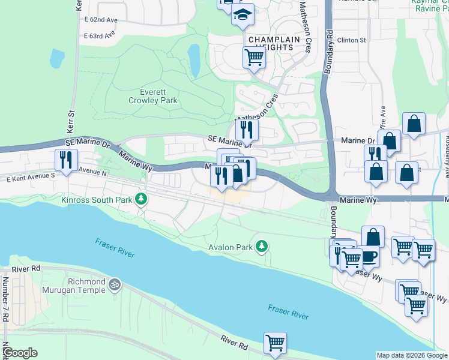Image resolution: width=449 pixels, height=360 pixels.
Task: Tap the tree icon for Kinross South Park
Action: pyautogui.click(x=141, y=198)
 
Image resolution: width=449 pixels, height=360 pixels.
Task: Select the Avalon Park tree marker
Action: pyautogui.click(x=261, y=246)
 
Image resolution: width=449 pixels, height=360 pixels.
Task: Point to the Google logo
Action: pyautogui.click(x=19, y=353)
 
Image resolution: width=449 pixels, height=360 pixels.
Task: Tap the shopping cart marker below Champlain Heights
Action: pyautogui.click(x=254, y=58)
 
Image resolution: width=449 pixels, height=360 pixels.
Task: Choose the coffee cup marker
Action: pyautogui.click(x=368, y=256)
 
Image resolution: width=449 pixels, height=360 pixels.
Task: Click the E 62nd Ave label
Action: pyautogui.click(x=100, y=19)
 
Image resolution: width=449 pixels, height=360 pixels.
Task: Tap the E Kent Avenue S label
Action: pyautogui.click(x=31, y=178)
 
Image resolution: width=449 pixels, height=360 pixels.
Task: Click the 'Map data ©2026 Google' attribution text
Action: pyautogui.click(x=411, y=355)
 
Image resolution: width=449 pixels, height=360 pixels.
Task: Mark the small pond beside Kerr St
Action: pyautogui.click(x=57, y=58)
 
